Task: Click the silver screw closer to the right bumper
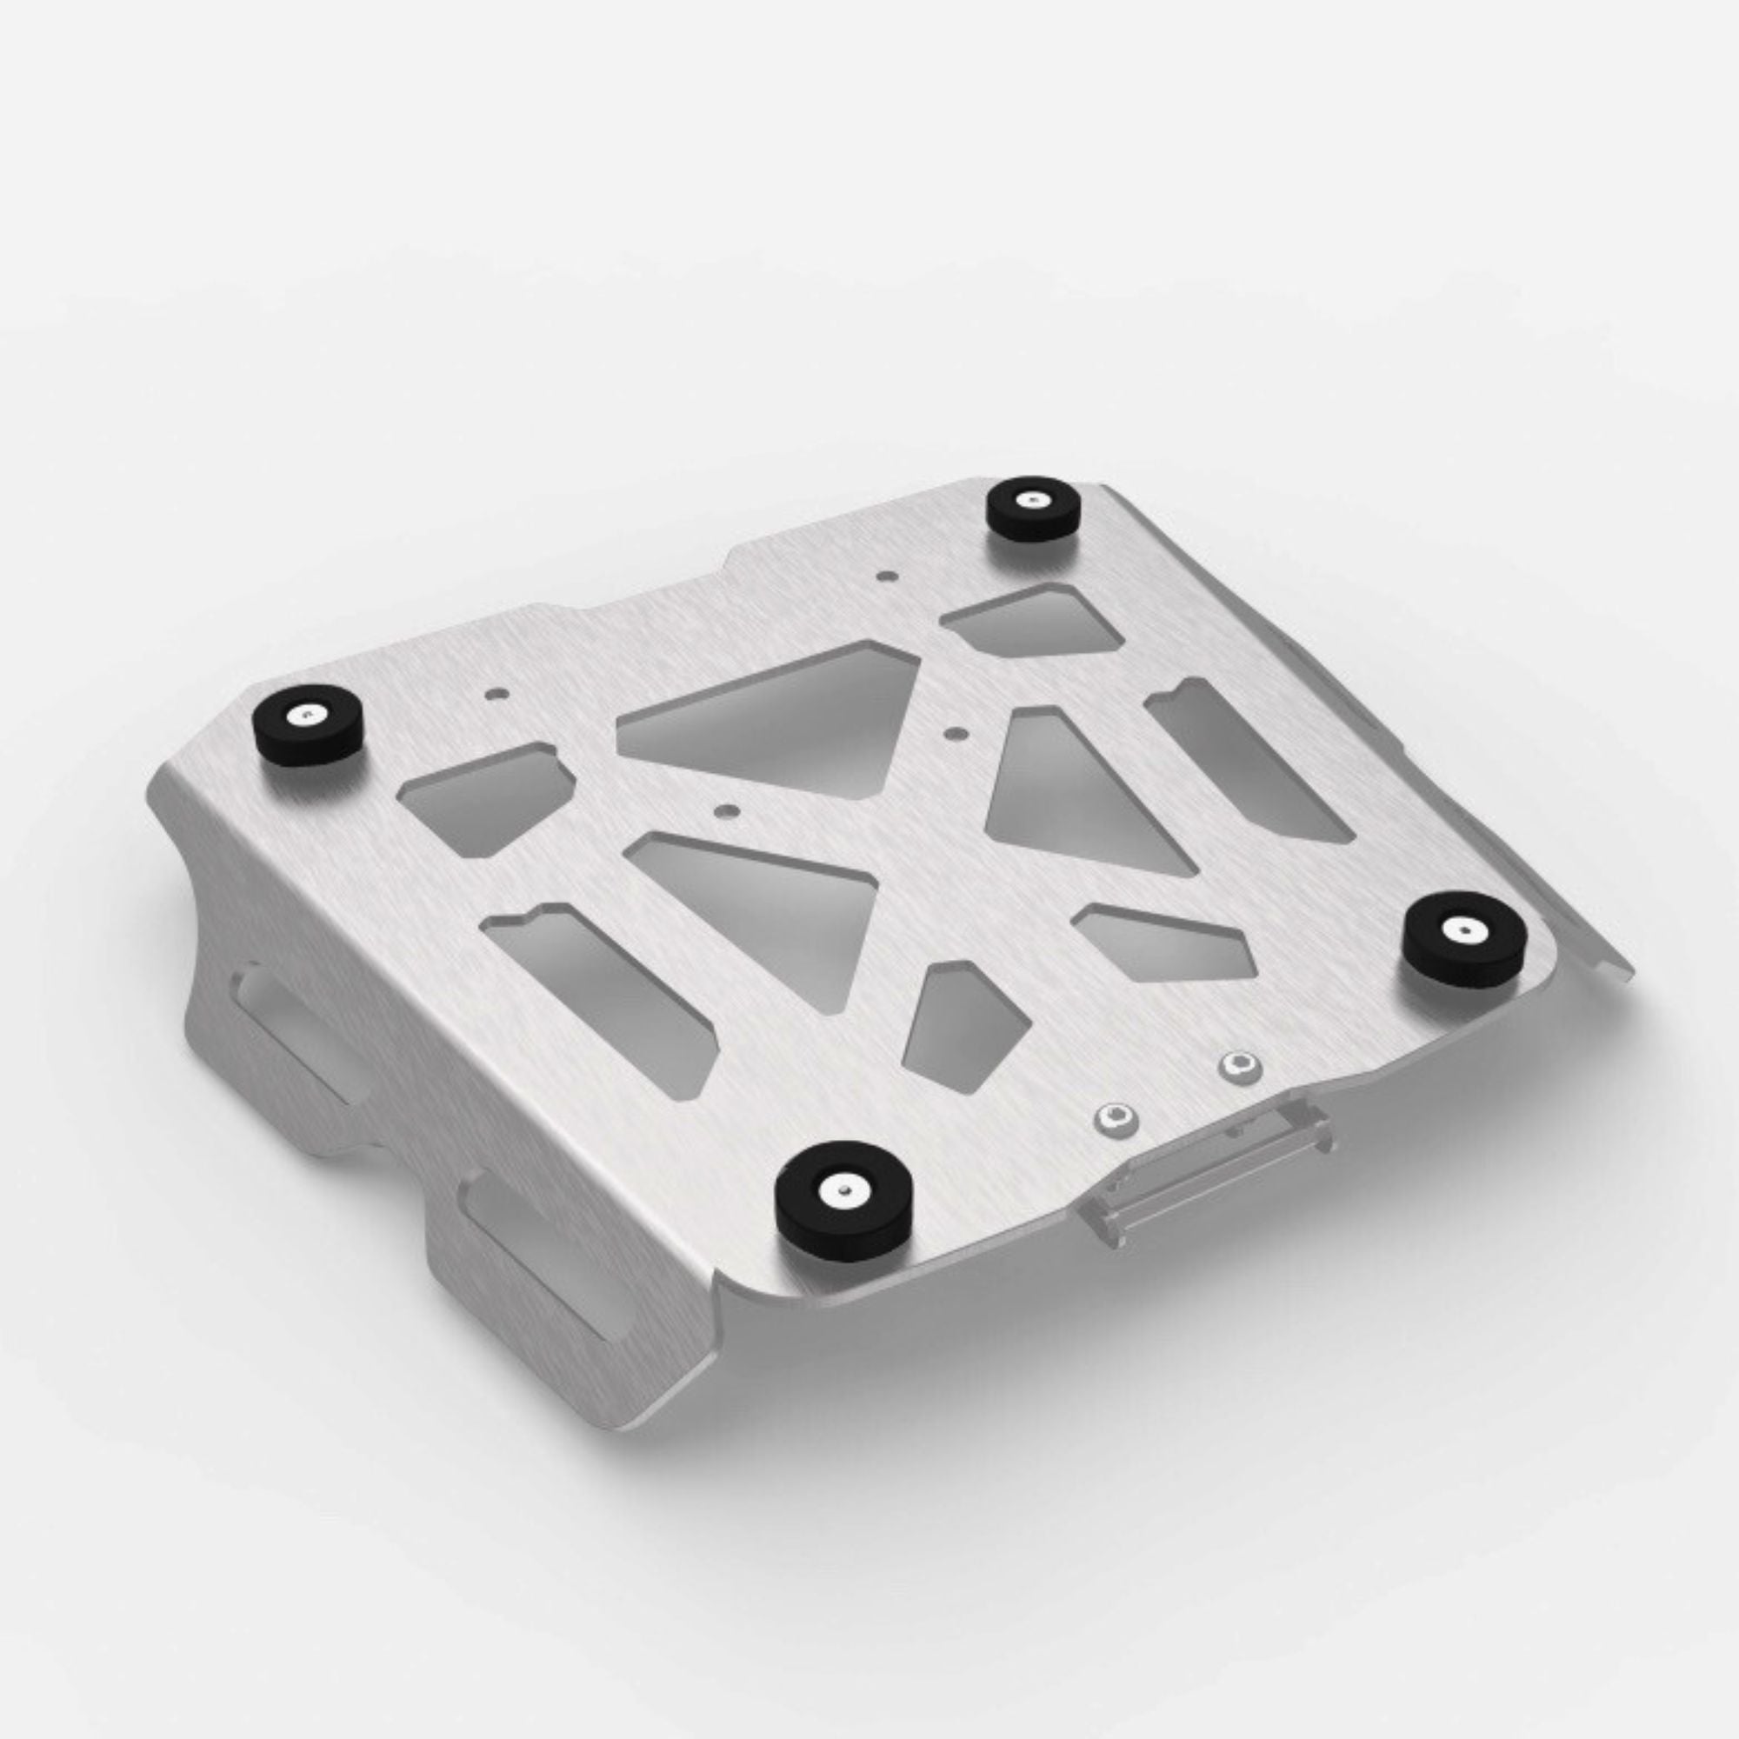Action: tap(1239, 1067)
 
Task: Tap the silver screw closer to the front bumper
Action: tap(1117, 1119)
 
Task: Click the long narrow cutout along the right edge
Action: tap(1247, 762)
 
